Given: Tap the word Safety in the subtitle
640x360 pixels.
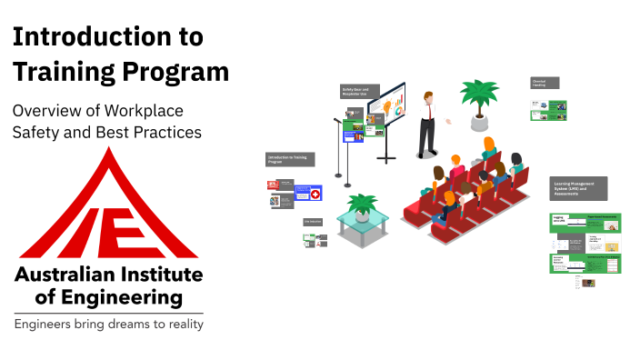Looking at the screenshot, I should click(39, 132).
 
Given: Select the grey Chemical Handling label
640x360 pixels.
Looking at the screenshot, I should click(545, 83).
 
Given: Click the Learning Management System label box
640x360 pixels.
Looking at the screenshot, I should click(579, 188).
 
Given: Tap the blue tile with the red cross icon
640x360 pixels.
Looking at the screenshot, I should click(308, 194).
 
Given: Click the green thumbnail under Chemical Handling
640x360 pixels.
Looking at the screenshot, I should click(548, 110).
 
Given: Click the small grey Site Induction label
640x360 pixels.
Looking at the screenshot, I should click(314, 222).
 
